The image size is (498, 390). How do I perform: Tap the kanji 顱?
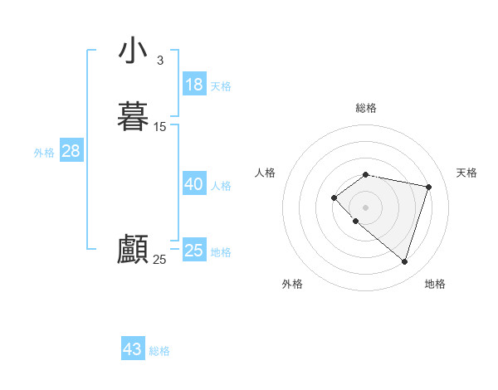point(133,249)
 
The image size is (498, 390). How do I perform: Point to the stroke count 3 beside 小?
point(160,61)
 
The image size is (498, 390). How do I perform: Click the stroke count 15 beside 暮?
point(160,127)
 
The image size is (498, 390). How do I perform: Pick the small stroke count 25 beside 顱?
point(159,260)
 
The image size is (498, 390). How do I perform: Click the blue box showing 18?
point(194,85)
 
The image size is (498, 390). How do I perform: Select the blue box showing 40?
point(194,184)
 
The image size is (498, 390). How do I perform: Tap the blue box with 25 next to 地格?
point(194,251)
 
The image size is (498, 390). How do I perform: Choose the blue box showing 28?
point(71,151)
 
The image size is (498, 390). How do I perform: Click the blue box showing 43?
point(133,349)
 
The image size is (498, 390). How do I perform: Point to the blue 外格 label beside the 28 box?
point(44,153)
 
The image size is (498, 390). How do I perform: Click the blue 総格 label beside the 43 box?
point(159,351)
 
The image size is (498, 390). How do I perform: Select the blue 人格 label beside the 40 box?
point(222,186)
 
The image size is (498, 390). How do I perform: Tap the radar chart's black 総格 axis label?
point(366,108)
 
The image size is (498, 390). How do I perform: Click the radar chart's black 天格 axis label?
point(466,173)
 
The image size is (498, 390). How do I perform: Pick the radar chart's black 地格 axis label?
point(435,284)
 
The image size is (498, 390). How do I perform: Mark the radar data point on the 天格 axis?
point(428,187)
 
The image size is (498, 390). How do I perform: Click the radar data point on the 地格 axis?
point(404,261)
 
